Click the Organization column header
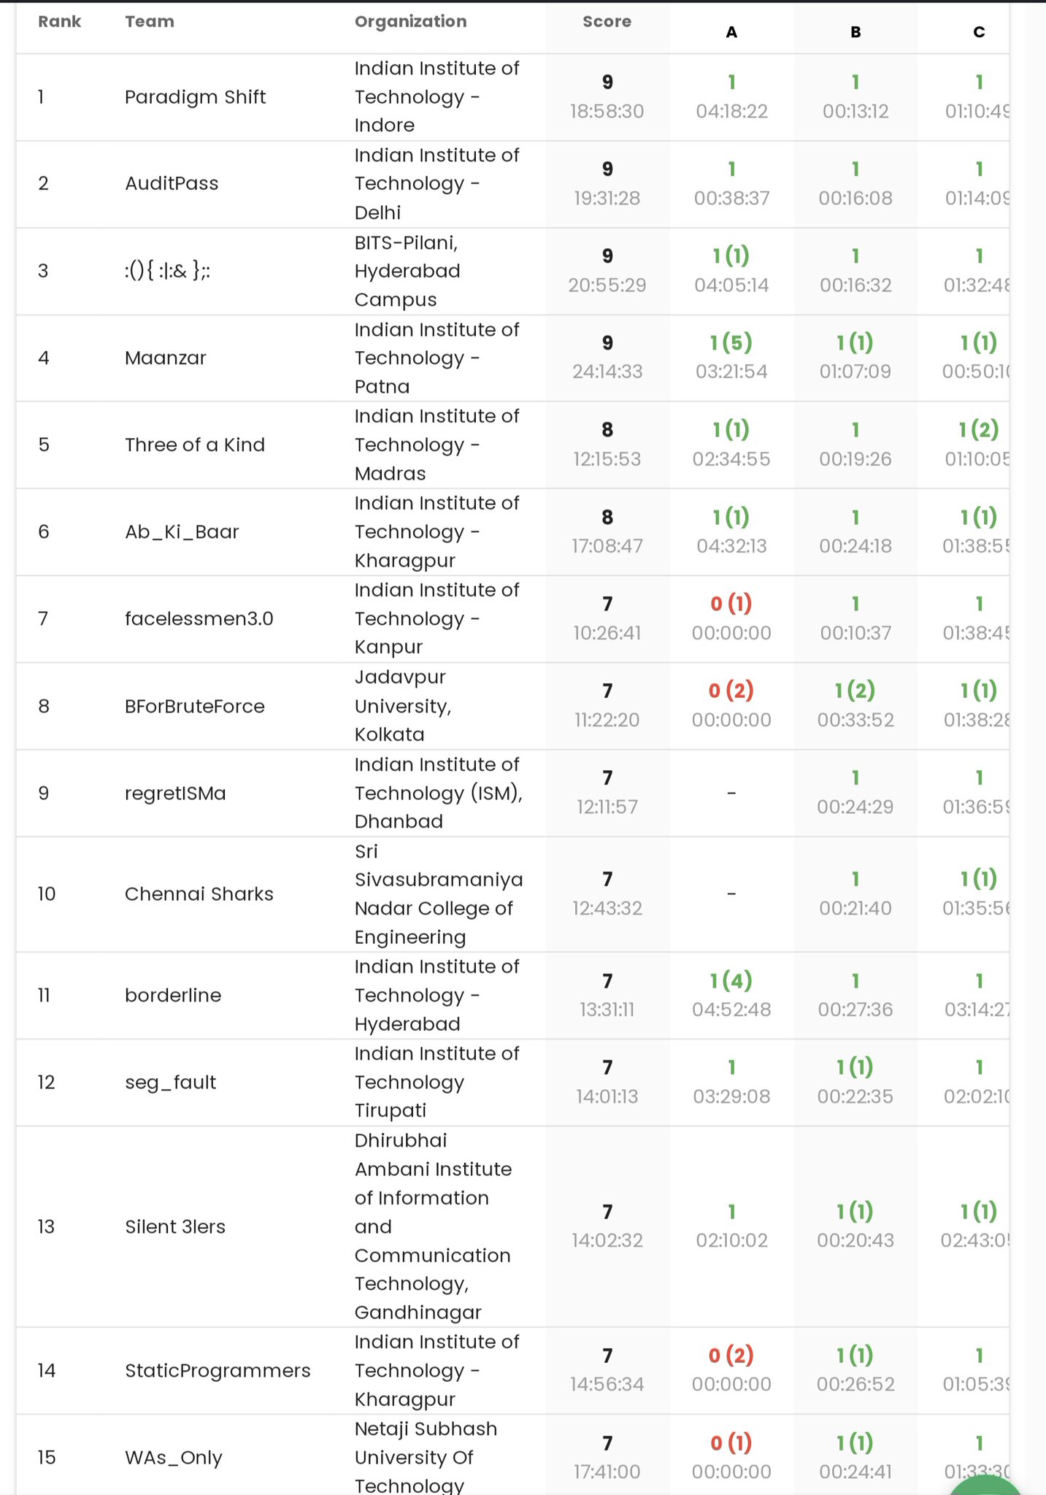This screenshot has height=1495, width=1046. (410, 22)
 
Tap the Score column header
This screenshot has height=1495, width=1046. (607, 22)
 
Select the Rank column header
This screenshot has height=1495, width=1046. (59, 22)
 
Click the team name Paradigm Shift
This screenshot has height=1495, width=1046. (195, 97)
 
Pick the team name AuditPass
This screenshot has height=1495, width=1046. (172, 183)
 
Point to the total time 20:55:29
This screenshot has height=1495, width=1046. (607, 285)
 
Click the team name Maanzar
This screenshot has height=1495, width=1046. (166, 358)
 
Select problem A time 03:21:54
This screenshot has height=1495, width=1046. (731, 372)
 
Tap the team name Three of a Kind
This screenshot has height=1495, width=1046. (195, 445)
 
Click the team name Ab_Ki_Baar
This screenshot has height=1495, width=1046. (182, 531)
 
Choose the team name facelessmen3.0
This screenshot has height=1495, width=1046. (199, 619)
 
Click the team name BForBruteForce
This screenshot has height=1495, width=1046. (195, 706)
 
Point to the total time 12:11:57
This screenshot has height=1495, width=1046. (607, 807)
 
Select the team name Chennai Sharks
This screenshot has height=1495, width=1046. (199, 894)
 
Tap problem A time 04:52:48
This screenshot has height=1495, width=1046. (731, 1010)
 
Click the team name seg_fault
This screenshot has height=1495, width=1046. (170, 1082)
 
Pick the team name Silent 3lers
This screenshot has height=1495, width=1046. (175, 1226)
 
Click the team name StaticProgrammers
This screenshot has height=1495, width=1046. (218, 1370)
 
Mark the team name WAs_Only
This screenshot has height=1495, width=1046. (173, 1458)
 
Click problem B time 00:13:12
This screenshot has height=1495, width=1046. (855, 112)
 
